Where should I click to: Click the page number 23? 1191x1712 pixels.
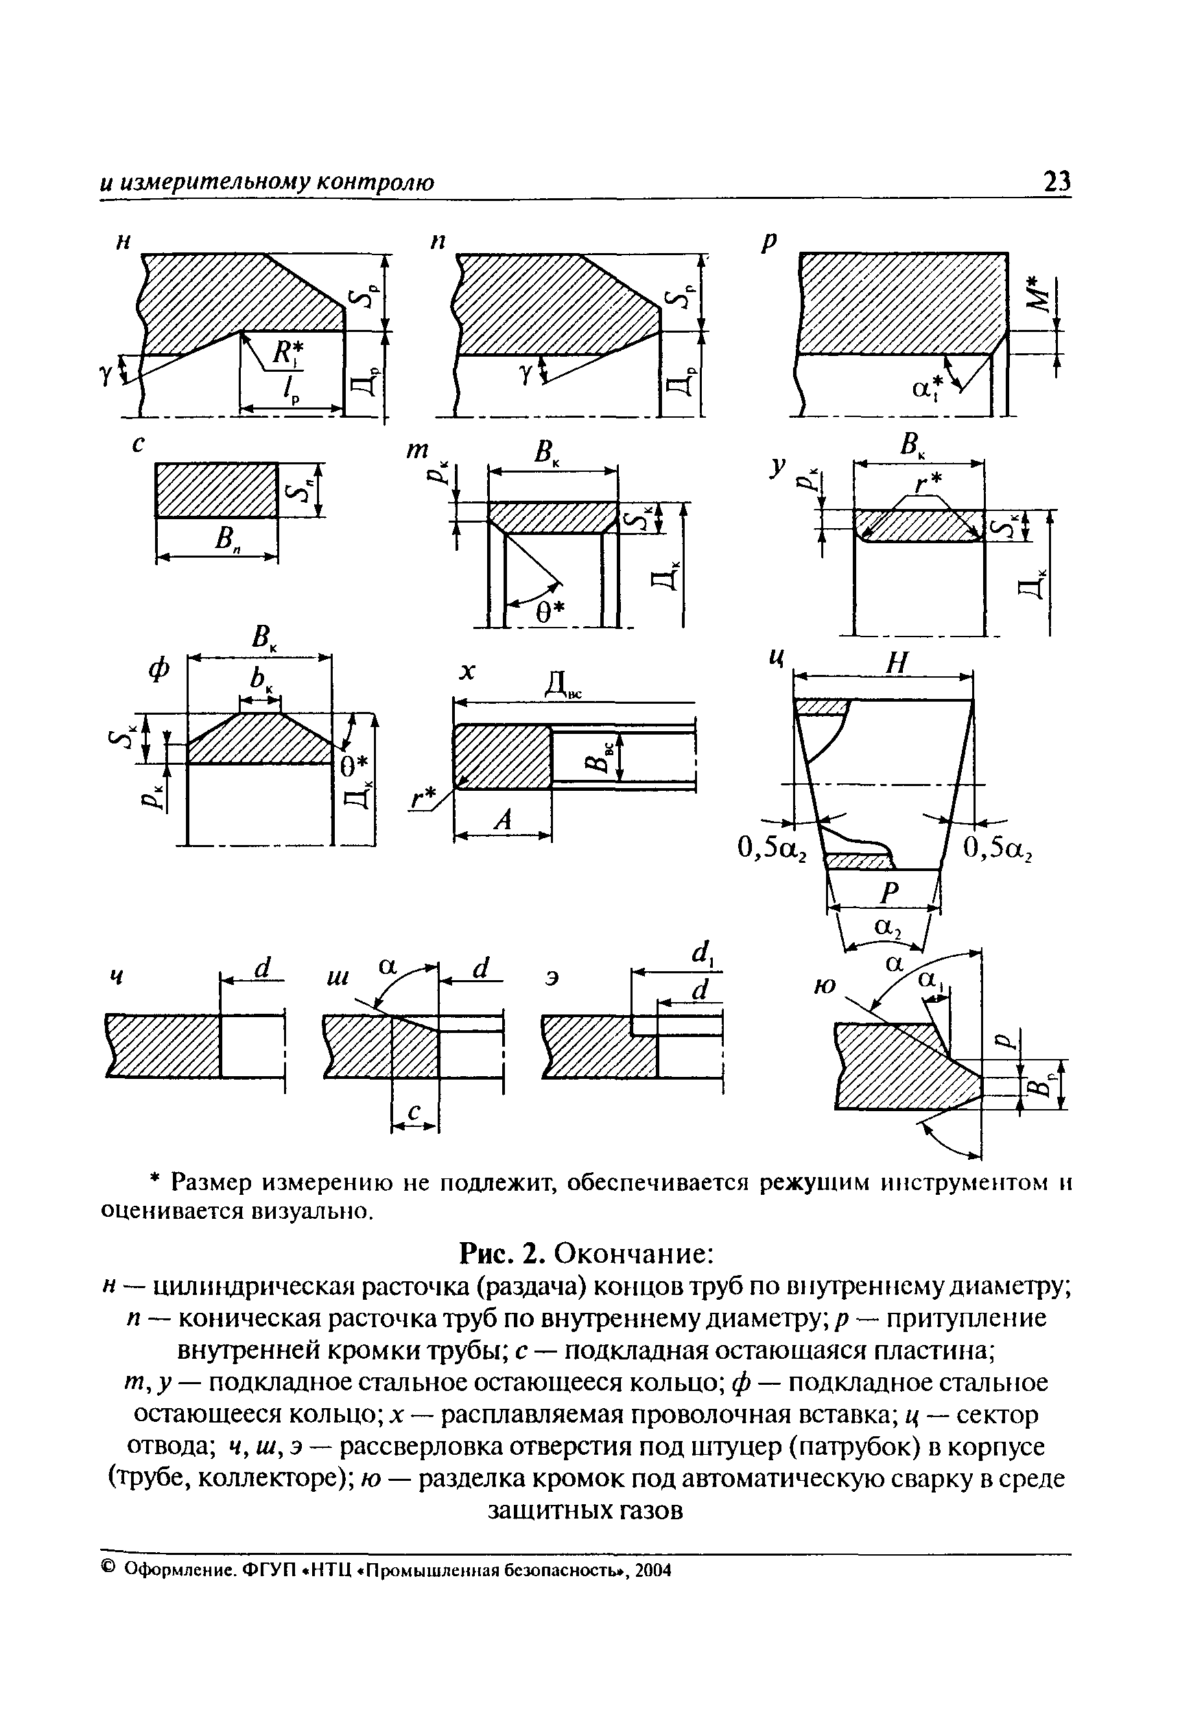coord(1056,181)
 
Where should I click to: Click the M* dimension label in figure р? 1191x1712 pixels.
coord(1037,294)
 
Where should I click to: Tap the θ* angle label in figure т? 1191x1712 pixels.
coord(551,611)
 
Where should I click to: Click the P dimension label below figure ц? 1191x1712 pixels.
coord(890,892)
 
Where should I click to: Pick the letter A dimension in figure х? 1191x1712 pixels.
coord(504,820)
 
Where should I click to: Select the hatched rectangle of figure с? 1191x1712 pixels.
coord(216,490)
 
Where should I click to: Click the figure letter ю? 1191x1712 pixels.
coord(824,986)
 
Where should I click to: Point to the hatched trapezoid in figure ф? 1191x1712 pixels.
coord(259,740)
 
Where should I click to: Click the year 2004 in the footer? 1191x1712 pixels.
coord(654,1570)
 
